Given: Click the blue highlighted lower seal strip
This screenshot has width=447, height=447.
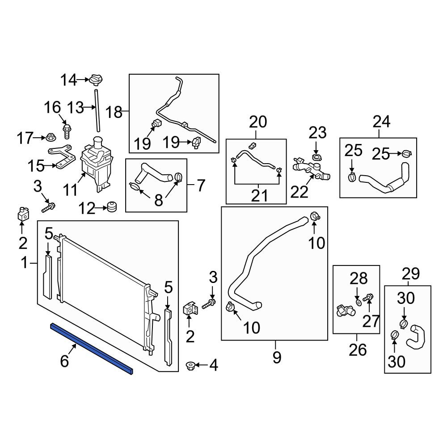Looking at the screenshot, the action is tap(92, 349).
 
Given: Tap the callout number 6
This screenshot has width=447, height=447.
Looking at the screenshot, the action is tap(64, 361).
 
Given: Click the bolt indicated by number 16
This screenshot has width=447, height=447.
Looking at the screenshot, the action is tap(67, 131).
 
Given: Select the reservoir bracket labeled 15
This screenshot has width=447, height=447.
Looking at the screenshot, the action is tap(62, 156).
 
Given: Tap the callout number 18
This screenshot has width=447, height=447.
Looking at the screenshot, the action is tap(114, 112).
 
